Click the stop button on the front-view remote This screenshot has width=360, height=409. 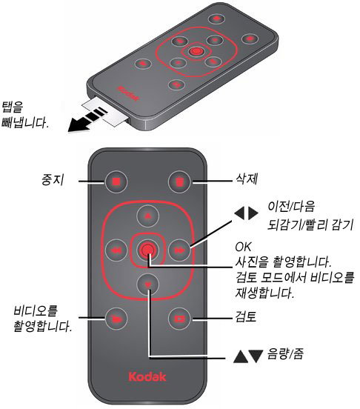(116, 182)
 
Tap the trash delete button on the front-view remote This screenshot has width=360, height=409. (179, 182)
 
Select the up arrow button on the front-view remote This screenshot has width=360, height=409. (148, 216)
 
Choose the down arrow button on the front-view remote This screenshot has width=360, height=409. (148, 285)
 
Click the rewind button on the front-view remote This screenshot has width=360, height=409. (116, 250)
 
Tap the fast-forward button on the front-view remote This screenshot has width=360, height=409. (179, 250)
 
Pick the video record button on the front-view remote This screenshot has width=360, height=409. (116, 319)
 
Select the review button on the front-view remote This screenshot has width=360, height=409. (179, 319)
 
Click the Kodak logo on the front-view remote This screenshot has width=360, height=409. (147, 376)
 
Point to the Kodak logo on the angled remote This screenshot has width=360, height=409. (128, 93)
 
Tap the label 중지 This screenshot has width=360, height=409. (53, 180)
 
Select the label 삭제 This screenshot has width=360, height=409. (247, 179)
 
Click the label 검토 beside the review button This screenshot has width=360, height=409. (246, 316)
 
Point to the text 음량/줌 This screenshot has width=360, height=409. (285, 354)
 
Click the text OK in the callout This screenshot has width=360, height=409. (243, 247)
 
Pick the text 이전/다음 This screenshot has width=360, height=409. (291, 206)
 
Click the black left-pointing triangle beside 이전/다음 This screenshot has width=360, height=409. (239, 213)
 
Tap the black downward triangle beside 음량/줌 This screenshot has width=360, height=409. (256, 356)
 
